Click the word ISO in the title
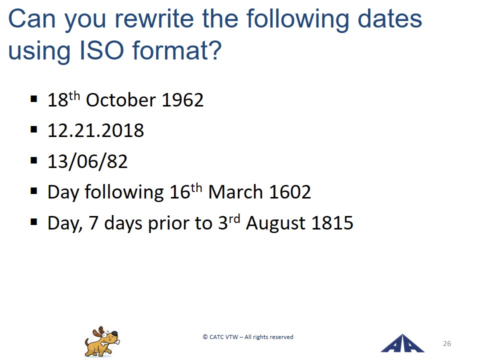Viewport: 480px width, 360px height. (x=101, y=50)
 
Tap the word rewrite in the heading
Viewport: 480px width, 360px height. (x=154, y=19)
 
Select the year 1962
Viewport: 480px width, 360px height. (x=182, y=100)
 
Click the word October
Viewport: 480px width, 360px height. (x=121, y=100)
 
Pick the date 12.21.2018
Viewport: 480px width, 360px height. (x=96, y=130)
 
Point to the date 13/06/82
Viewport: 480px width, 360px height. (x=87, y=161)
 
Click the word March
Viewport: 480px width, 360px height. (x=235, y=192)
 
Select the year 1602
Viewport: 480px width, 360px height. (x=290, y=192)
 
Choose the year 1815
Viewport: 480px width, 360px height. (x=332, y=223)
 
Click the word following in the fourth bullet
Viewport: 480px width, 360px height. (x=124, y=192)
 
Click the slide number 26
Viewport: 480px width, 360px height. (x=447, y=343)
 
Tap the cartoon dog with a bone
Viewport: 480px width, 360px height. (x=102, y=341)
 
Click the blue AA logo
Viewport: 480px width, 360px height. (x=402, y=343)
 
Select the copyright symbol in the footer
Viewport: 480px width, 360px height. (x=205, y=337)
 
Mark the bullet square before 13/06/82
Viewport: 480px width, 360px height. (x=34, y=160)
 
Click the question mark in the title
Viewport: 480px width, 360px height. (x=216, y=50)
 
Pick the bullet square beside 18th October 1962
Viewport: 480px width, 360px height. (x=34, y=99)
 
